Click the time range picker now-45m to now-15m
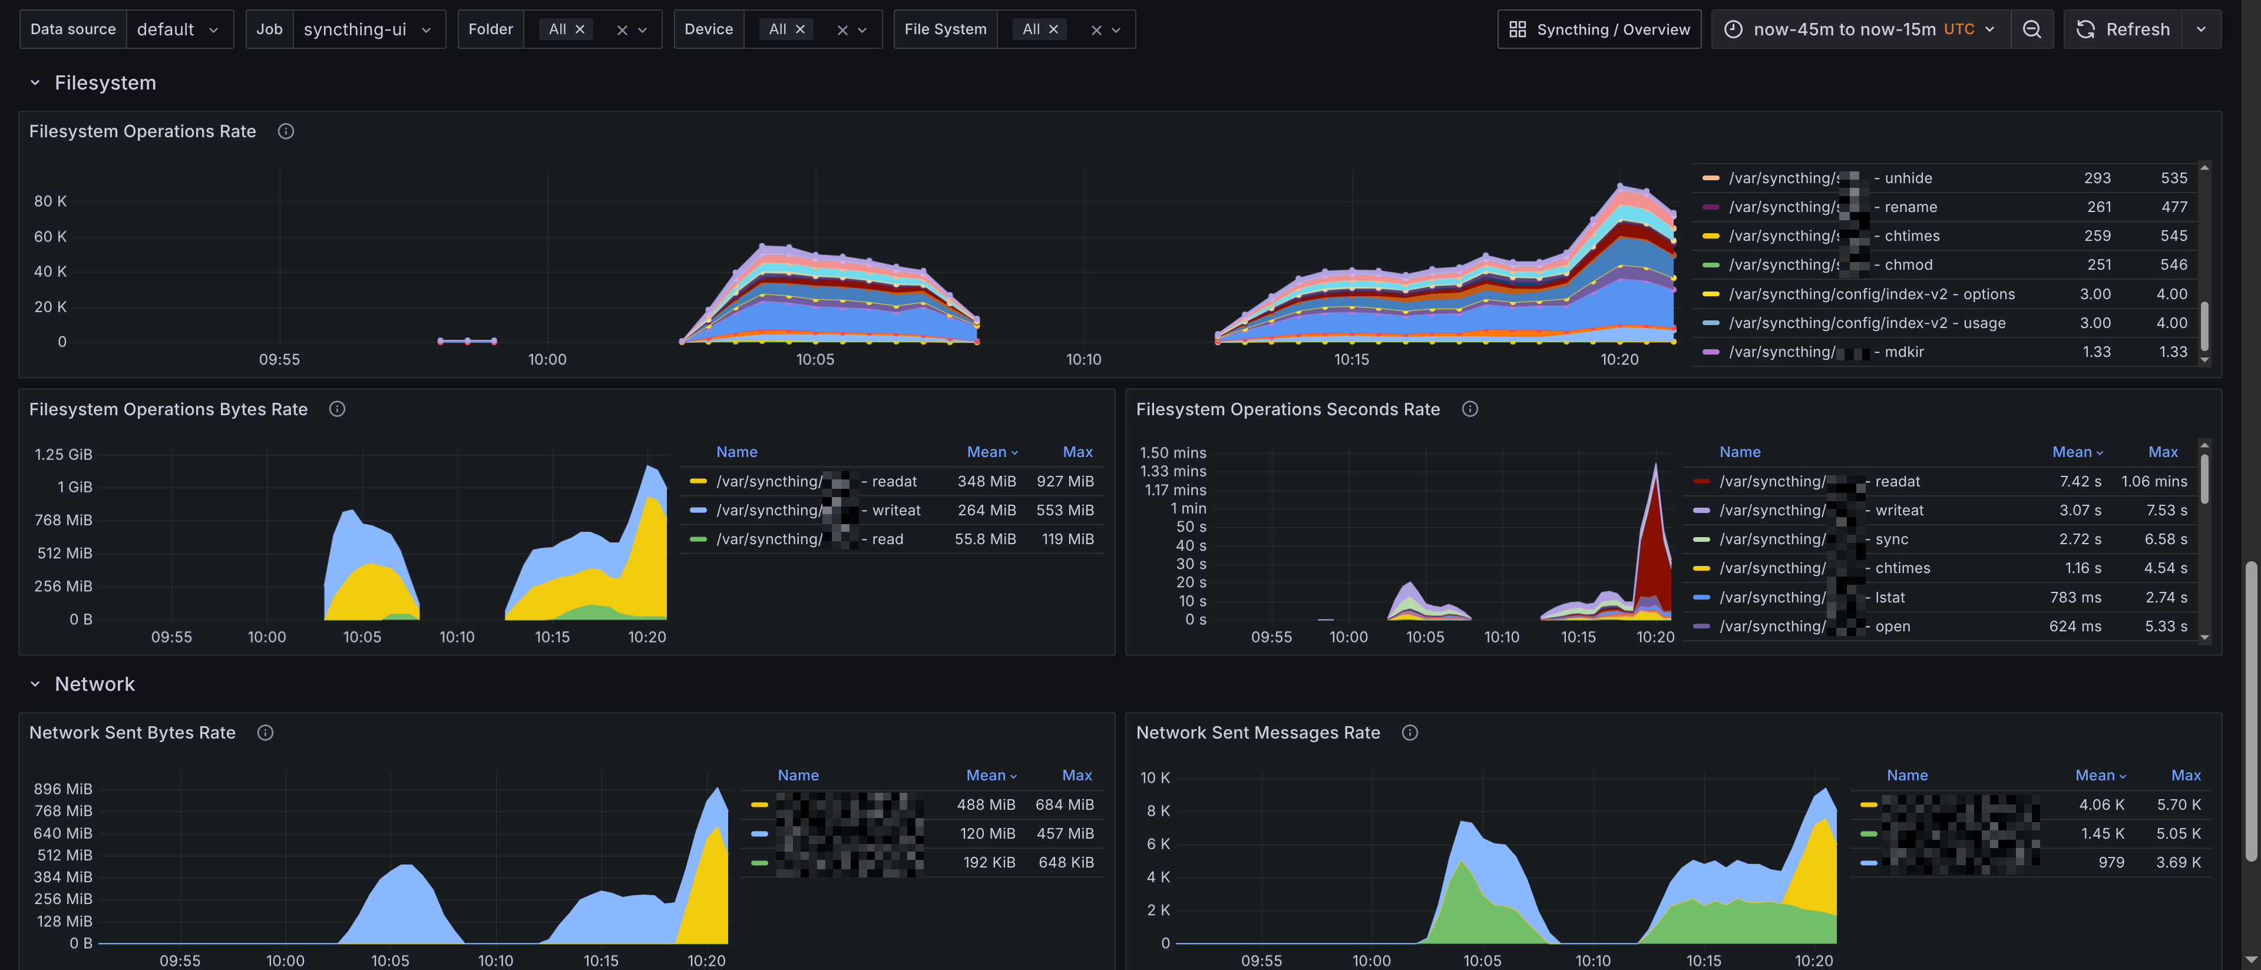(1861, 29)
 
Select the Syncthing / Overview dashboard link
(1599, 29)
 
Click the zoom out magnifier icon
(2031, 29)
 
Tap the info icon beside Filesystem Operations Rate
(285, 131)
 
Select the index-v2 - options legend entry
(1871, 294)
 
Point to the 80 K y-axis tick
(50, 201)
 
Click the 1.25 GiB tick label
(63, 454)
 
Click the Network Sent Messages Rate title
(1257, 732)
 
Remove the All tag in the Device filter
(799, 29)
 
